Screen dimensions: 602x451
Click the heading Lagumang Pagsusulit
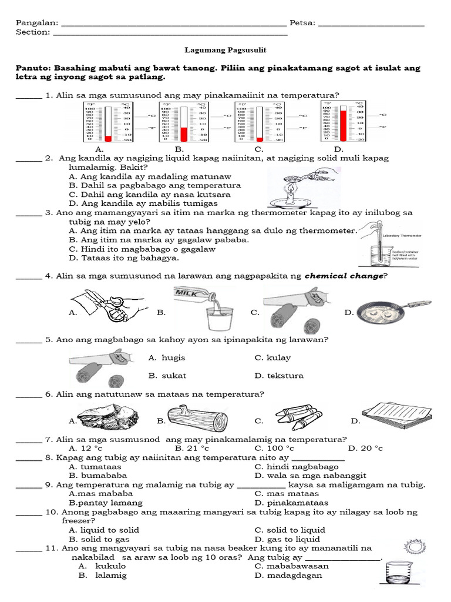point(225,51)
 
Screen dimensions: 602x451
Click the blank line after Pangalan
point(174,25)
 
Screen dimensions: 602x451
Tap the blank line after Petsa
point(371,25)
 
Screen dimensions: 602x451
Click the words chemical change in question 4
point(344,276)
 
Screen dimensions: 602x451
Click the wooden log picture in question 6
point(197,419)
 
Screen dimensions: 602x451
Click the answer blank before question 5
point(28,340)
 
